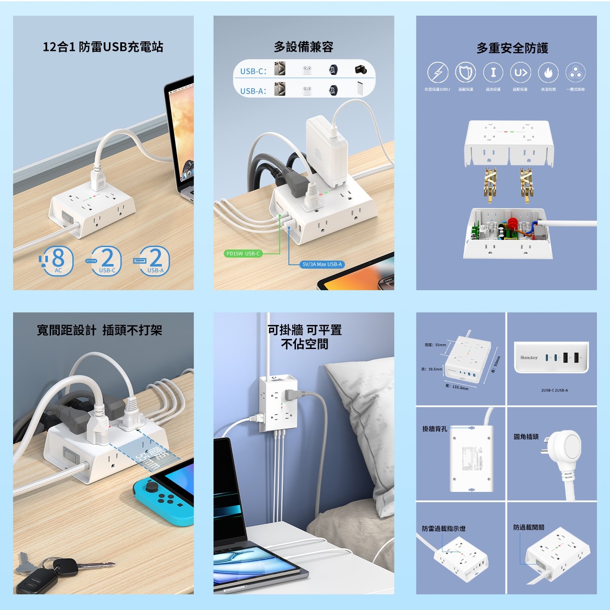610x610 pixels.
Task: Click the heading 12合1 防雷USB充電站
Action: point(103,47)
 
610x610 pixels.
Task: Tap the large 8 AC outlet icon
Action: point(57,260)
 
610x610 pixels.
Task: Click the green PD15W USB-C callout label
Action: point(243,254)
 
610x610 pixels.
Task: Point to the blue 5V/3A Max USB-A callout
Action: point(322,264)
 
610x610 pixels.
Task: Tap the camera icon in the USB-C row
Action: point(360,70)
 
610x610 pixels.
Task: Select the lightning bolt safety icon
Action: point(437,72)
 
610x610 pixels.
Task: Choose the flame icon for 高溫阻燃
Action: point(548,72)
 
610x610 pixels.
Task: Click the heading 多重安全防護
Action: point(512,48)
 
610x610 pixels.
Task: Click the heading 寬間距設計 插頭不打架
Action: point(99,330)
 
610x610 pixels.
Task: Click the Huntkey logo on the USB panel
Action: point(529,358)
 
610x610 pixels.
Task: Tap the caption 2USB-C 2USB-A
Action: point(554,390)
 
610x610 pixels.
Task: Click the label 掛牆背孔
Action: point(434,429)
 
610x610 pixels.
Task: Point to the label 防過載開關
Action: point(529,527)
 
